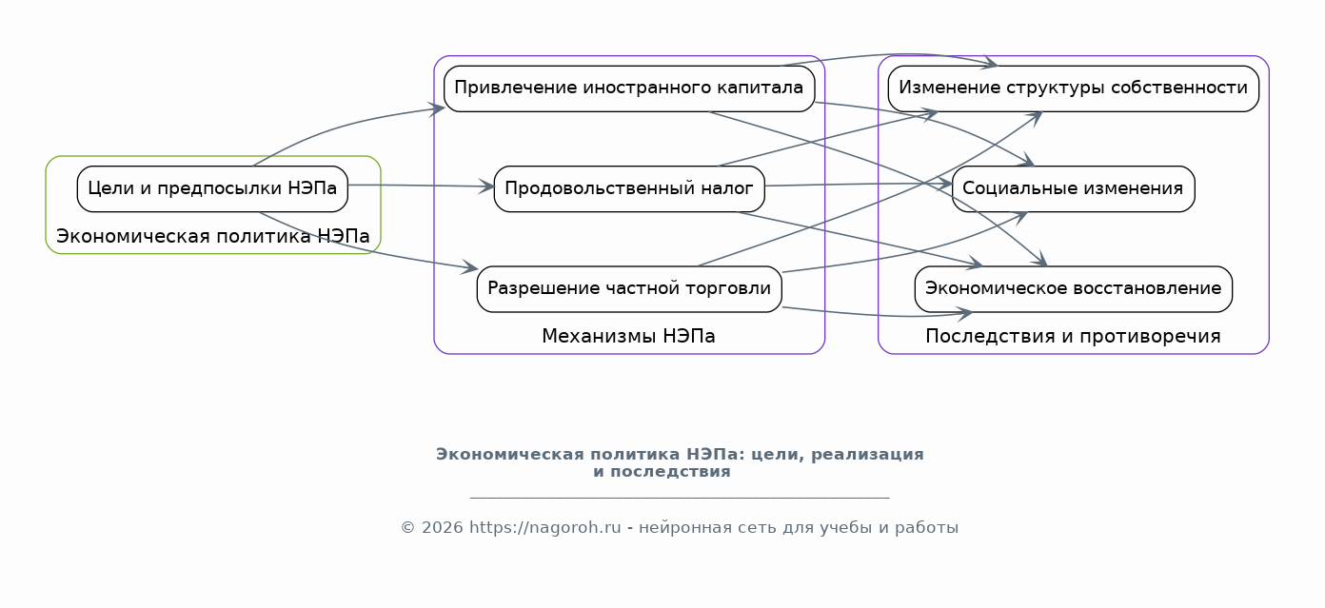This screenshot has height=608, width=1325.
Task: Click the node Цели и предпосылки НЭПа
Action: (212, 188)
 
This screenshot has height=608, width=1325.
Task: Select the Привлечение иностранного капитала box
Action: (629, 88)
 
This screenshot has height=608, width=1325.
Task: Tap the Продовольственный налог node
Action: (629, 188)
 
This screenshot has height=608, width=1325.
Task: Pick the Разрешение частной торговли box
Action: (629, 288)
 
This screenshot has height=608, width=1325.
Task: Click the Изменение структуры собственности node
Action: (1073, 88)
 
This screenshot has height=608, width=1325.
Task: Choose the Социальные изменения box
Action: (1073, 188)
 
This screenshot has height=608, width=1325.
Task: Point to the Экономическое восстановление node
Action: (1073, 288)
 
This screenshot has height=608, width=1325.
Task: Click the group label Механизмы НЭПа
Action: (628, 337)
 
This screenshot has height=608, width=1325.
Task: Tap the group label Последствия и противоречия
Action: (1073, 337)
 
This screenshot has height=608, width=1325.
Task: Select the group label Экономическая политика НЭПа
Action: (212, 237)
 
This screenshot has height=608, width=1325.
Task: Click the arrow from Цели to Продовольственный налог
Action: (419, 186)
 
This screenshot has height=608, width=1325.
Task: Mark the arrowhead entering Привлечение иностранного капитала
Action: (439, 109)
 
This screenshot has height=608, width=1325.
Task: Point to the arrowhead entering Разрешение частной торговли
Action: (471, 269)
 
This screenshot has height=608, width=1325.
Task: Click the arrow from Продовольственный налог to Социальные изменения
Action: (857, 184)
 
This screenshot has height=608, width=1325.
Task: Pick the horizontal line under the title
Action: (679, 497)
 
